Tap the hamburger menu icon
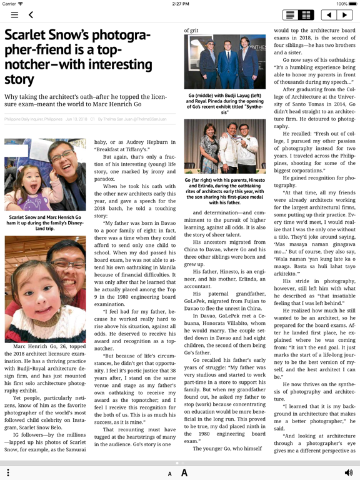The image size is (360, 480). (x=14, y=15)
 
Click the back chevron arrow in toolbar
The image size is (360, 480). (x=31, y=15)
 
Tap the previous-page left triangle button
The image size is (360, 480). (x=329, y=15)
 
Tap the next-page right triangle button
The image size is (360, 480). (x=344, y=15)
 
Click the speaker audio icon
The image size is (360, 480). (x=348, y=472)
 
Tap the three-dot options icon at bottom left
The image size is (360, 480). (x=8, y=472)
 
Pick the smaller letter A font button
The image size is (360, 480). (x=169, y=474)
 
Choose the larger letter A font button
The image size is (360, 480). (x=184, y=473)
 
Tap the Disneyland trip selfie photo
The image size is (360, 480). (x=45, y=174)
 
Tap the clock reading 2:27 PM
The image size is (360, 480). (x=180, y=4)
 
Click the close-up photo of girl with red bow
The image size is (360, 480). (x=45, y=288)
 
